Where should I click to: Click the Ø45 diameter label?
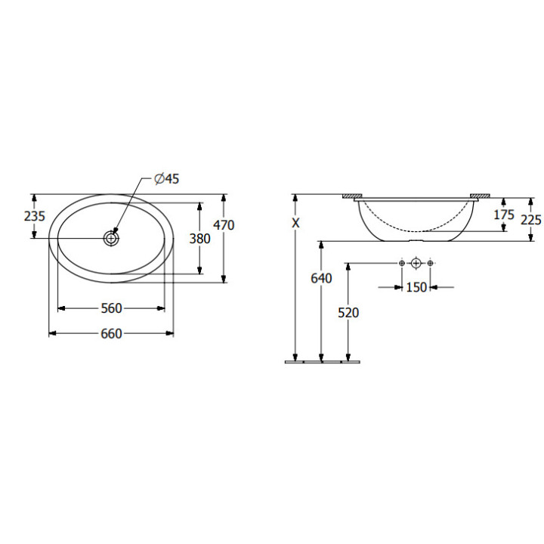click(167, 178)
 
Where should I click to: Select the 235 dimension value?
click(34, 216)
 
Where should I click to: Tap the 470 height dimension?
click(224, 225)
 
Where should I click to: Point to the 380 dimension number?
click(199, 239)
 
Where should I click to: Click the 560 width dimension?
click(111, 308)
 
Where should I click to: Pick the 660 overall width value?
click(111, 334)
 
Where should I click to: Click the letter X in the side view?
click(295, 223)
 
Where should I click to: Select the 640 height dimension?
click(321, 278)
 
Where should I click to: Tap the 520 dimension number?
click(348, 313)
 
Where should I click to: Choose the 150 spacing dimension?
click(416, 287)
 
